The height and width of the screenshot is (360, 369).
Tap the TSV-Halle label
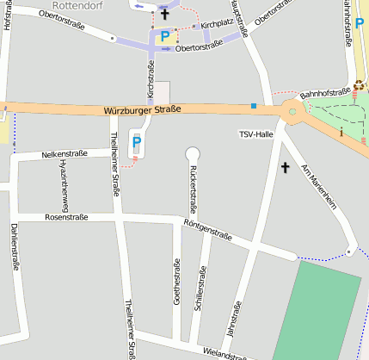pos(256,134)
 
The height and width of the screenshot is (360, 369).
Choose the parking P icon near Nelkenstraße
pos(137,143)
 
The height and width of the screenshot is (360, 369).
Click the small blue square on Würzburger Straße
pos(254,106)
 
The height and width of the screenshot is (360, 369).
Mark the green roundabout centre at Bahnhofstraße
pos(292,109)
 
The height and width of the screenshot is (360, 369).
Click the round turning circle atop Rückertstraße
pos(193,153)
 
